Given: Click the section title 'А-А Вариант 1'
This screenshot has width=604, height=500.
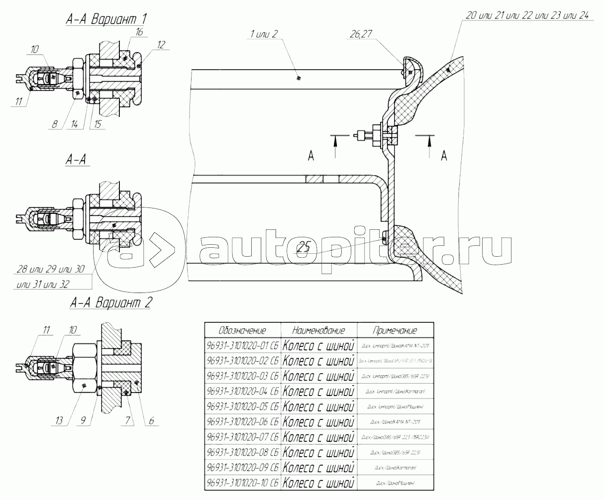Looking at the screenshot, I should (106, 19).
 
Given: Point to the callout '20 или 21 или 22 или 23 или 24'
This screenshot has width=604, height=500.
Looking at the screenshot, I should (527, 15).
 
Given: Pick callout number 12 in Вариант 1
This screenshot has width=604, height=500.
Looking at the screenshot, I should (161, 44).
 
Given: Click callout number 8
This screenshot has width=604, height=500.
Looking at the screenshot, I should (54, 125).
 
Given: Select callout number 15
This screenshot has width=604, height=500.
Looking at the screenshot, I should (97, 125).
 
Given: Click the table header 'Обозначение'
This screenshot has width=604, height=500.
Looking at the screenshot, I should (243, 331).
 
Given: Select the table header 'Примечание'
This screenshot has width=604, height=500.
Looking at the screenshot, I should (395, 331).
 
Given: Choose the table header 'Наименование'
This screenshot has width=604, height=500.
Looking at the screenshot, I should (319, 331).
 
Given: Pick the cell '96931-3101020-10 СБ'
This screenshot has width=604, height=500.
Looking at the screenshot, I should (243, 483).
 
